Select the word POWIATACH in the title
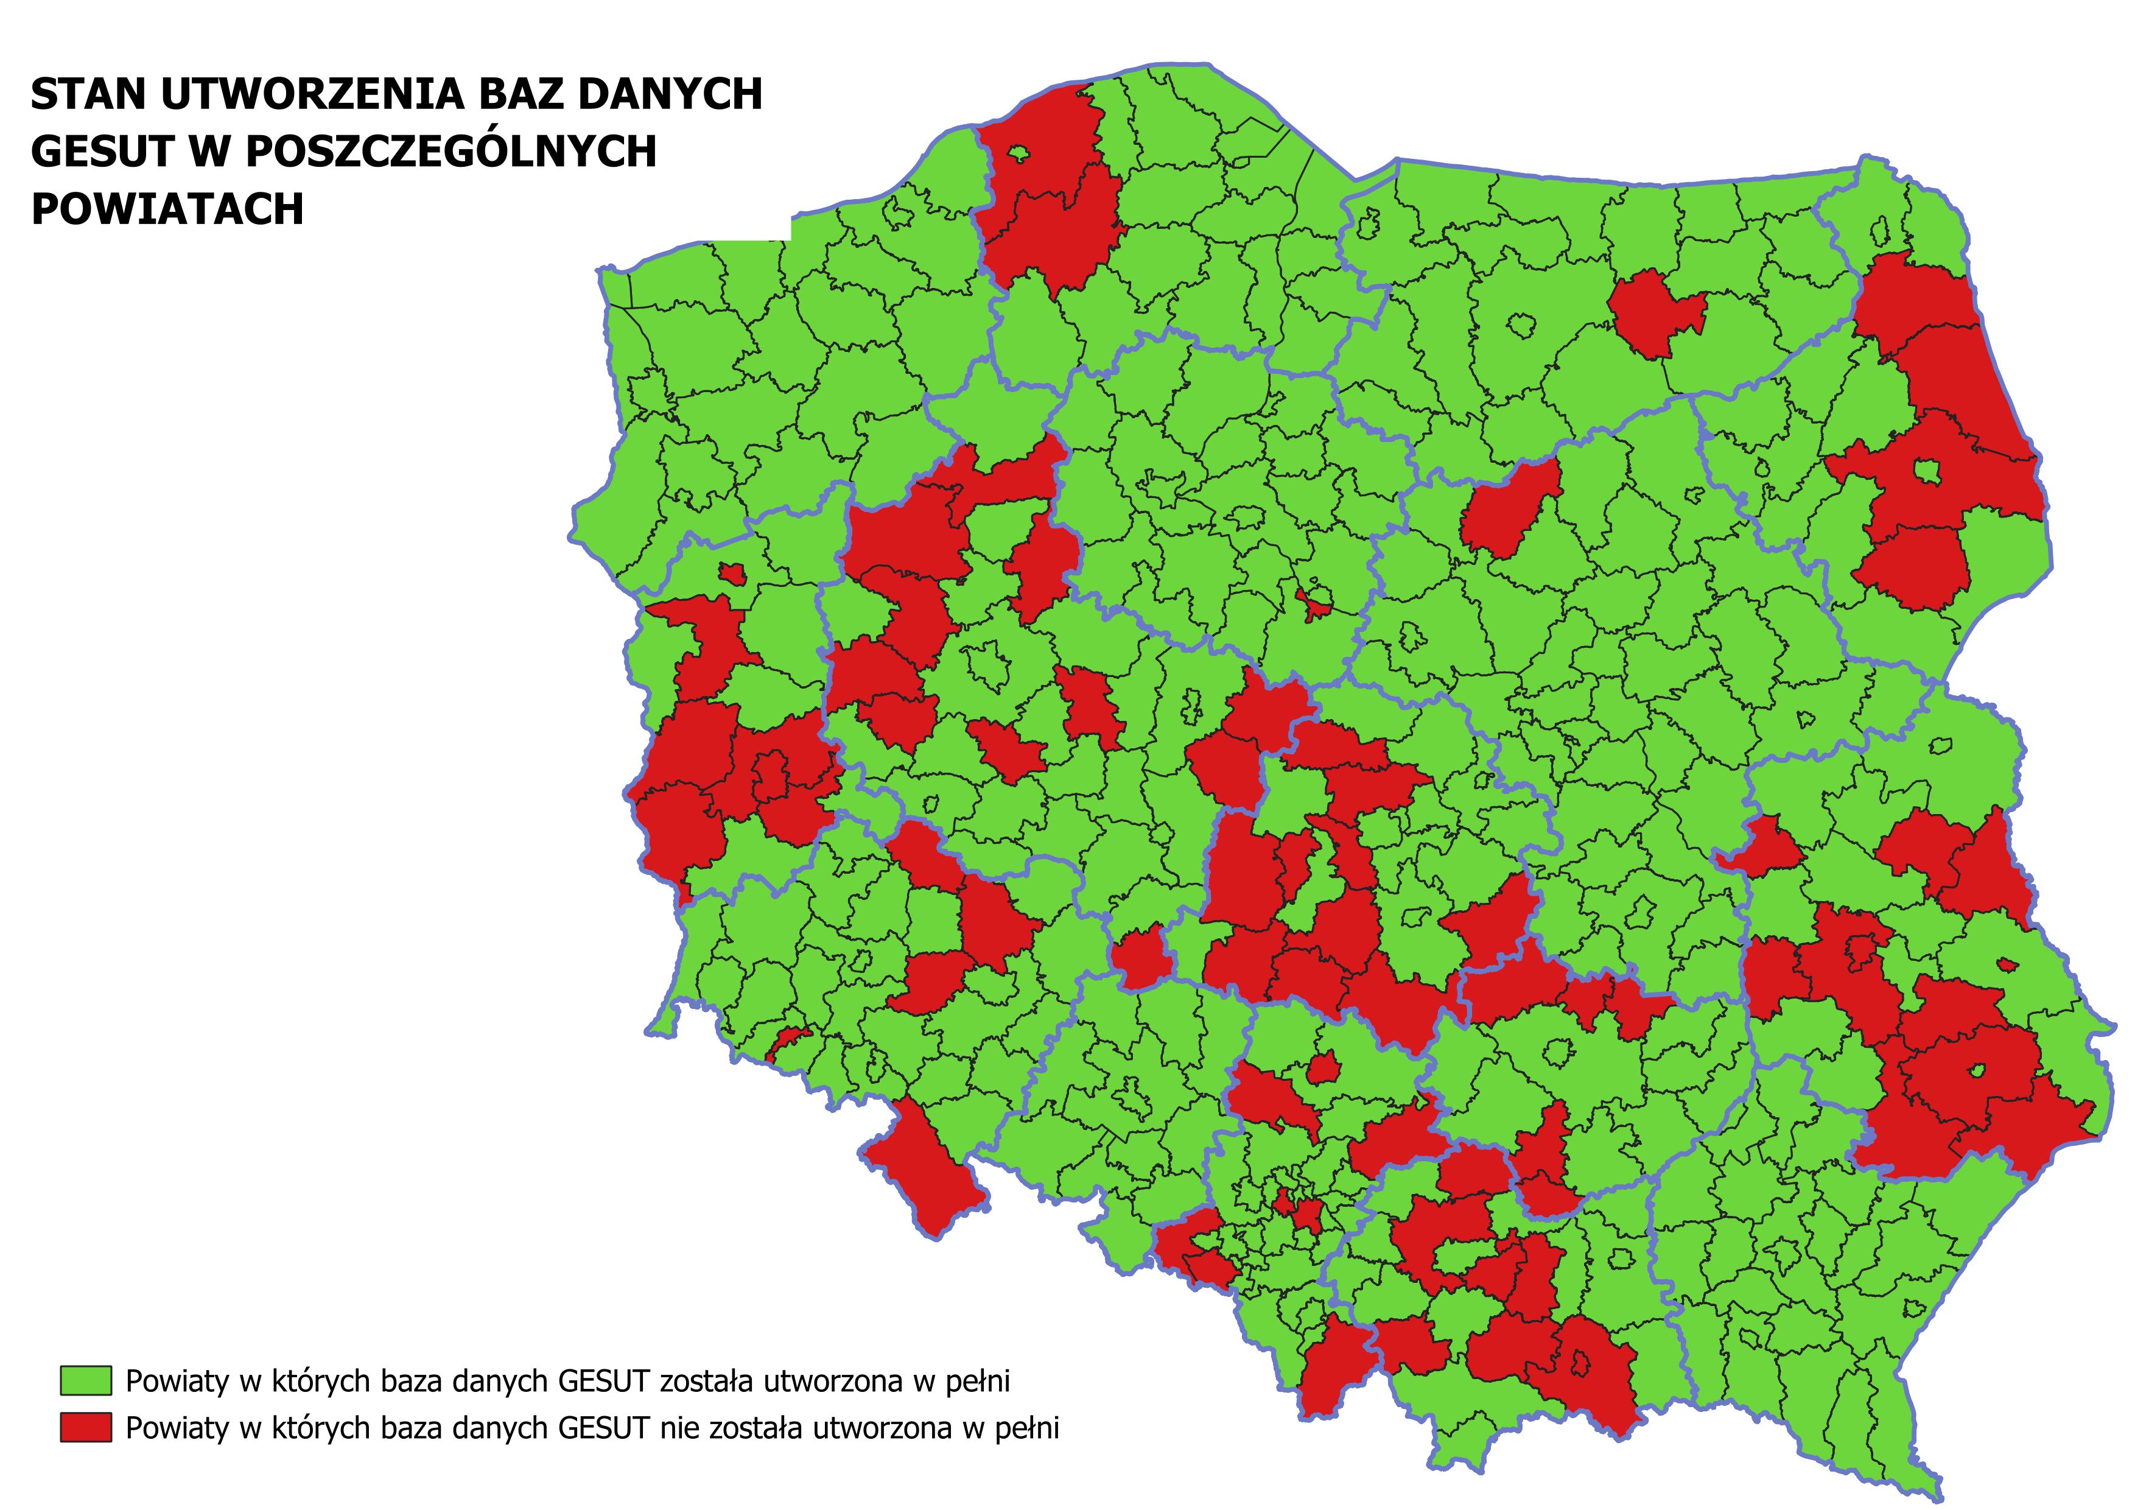tap(167, 210)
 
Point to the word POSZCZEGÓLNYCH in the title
tap(451, 152)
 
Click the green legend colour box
tap(86, 1381)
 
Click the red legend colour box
tap(86, 1427)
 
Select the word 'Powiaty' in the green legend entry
tap(177, 1381)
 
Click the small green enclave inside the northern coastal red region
tap(1019, 153)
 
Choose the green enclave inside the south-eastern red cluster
tap(1977, 1071)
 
